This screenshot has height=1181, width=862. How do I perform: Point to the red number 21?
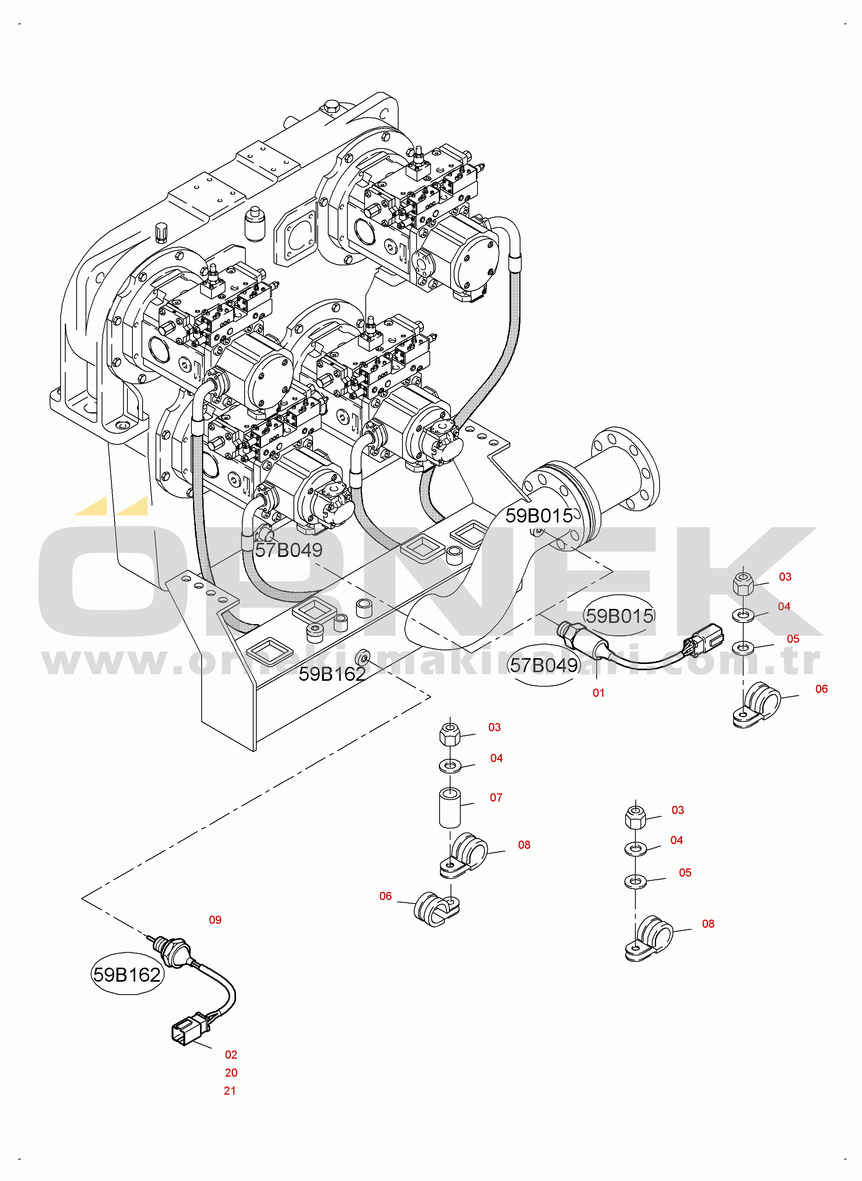230,1091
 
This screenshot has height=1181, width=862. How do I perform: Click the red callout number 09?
215,920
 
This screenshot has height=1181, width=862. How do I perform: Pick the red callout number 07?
496,797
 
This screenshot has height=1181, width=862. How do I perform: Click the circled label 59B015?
619,616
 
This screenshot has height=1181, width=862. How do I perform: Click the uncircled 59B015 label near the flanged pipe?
539,515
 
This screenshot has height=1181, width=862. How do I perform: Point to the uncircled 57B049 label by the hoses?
288,549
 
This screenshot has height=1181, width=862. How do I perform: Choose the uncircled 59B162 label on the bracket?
332,674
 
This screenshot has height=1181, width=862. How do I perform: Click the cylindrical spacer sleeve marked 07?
450,808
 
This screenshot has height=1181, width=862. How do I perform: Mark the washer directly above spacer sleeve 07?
450,766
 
